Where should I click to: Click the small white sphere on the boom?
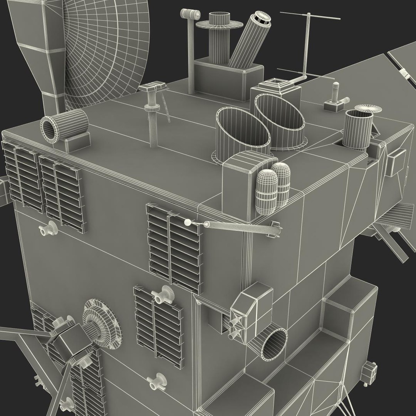pos(188,222)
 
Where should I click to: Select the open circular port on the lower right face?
pos(273,345)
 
